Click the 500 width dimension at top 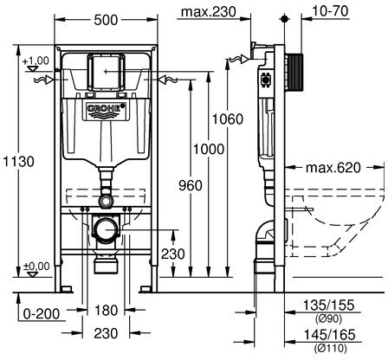(x=107, y=20)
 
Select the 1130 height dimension (x=18, y=161)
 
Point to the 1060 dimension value (x=228, y=119)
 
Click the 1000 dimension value (x=209, y=149)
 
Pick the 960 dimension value (x=191, y=185)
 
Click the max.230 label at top (x=209, y=12)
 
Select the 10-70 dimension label (x=330, y=11)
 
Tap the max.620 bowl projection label (x=333, y=168)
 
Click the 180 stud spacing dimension (x=107, y=311)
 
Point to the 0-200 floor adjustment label (x=42, y=314)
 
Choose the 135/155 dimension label (x=328, y=305)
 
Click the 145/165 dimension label (x=330, y=335)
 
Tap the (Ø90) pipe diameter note (x=328, y=318)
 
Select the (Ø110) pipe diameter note (x=330, y=348)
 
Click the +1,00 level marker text (x=36, y=61)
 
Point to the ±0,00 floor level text (x=36, y=266)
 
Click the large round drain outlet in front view (x=106, y=229)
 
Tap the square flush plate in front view (x=107, y=71)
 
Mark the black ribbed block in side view (x=294, y=73)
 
